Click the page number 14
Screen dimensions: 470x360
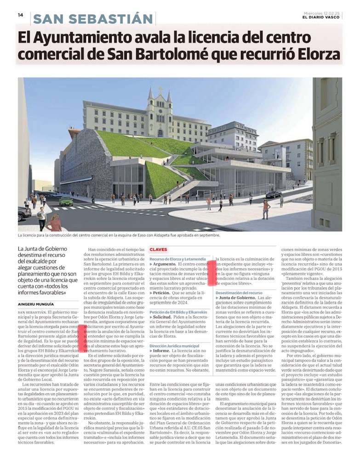(20, 15)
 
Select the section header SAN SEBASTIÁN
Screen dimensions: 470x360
(93, 19)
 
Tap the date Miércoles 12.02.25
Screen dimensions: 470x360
(321, 13)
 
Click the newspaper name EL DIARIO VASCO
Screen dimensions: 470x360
(321, 17)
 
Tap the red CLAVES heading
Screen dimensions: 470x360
(158, 249)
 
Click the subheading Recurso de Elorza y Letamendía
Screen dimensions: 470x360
(177, 259)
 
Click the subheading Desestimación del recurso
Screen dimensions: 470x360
(239, 292)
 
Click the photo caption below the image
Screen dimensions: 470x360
(119, 235)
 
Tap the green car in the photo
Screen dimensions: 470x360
(66, 201)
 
